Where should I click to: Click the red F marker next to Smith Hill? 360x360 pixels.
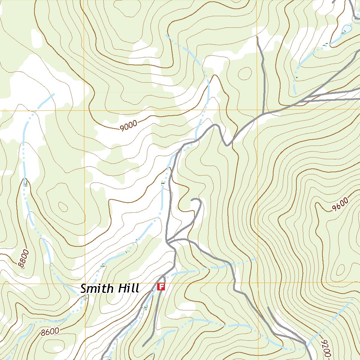161,287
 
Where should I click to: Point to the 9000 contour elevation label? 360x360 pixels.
128,126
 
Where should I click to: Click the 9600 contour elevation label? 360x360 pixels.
340,205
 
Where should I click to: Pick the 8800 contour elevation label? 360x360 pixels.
24,259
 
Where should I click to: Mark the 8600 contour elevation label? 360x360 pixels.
50,331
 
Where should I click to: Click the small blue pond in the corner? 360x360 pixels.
346,28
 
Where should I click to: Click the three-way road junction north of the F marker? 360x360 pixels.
168,242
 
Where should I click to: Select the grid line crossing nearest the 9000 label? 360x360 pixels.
84,110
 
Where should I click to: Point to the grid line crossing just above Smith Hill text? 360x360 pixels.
84,283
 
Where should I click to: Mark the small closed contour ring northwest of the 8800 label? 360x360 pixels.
63,207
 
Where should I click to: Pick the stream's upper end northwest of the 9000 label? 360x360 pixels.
53,94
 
